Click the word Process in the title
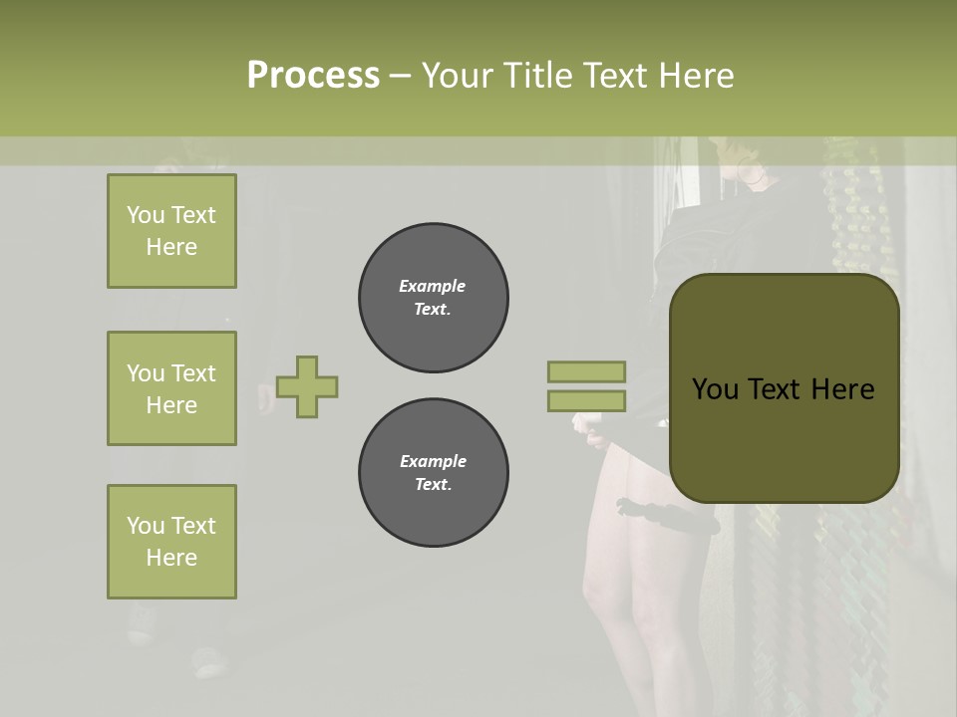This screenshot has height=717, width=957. pos(313,76)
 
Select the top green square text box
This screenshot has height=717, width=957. pos(171,231)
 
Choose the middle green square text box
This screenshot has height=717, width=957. pos(171,388)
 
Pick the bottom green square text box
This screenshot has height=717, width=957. pos(171,542)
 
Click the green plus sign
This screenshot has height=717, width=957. pos(307,386)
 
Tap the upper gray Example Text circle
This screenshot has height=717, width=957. pos(434,298)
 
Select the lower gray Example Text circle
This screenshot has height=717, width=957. pos(434,473)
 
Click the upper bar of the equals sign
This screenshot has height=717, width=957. pos(586,371)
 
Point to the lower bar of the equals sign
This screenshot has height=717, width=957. pos(586,401)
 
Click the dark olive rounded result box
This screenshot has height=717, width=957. pos(785,438)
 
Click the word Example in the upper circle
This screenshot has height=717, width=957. pos(433,286)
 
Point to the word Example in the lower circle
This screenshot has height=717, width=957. pos(433,461)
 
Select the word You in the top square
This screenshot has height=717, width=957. pos(146,215)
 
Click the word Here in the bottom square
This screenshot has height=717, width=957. pos(171,558)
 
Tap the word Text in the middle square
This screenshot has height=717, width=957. pos(193,373)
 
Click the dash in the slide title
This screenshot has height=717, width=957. pos(401,76)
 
